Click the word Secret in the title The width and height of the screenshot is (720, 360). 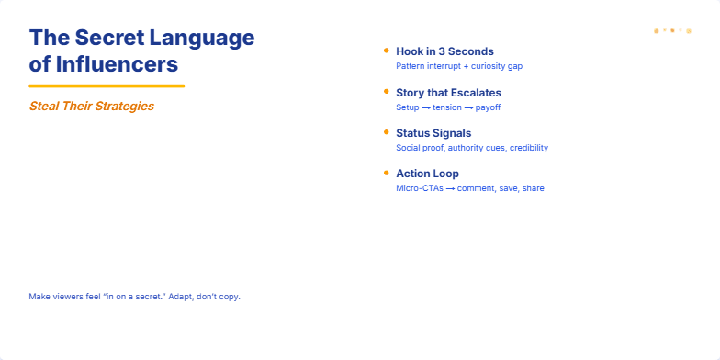coord(108,39)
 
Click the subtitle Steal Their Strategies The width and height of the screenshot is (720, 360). coord(91,106)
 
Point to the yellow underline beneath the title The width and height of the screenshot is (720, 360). coord(107,86)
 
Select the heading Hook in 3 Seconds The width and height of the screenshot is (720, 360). coord(444,51)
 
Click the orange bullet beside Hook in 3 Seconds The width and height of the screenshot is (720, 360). coord(386,51)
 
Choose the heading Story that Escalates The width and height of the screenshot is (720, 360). coord(448,93)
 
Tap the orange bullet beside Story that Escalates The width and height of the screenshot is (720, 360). coord(386,92)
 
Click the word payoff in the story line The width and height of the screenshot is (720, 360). coord(488,107)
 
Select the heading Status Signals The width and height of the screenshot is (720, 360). coord(433,133)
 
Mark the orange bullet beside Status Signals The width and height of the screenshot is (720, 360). coord(386,132)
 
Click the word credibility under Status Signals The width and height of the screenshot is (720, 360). coord(529,148)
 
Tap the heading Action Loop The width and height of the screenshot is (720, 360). coord(427,174)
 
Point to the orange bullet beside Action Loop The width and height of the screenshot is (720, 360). coord(386,173)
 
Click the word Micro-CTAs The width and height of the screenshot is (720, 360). coord(419,188)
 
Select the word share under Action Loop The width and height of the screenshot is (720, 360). coord(533,188)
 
